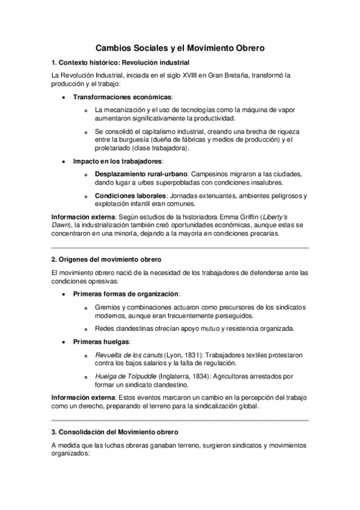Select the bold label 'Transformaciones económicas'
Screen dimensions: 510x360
click(123, 97)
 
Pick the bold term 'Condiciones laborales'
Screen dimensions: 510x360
click(130, 196)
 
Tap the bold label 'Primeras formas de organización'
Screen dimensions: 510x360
click(126, 293)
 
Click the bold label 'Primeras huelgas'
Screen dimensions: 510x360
click(101, 341)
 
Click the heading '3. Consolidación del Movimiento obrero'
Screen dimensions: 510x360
click(115, 432)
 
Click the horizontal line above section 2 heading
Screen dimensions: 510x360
click(180, 247)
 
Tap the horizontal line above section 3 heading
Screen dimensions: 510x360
click(180, 419)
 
